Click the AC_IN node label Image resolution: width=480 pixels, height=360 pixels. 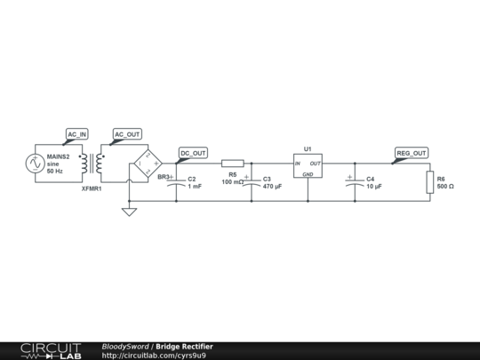coord(77,134)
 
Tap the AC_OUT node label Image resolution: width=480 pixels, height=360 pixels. coord(127,134)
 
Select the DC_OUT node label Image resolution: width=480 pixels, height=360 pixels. coord(193,153)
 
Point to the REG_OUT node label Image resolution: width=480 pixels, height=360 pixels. coord(412,153)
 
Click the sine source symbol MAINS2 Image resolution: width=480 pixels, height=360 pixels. coord(35,164)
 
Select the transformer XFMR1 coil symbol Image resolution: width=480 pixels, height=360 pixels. coord(92,164)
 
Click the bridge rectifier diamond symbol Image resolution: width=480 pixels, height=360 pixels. coord(147,164)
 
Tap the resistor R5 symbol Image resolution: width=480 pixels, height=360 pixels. coord(232,164)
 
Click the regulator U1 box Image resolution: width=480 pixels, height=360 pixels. coord(308,164)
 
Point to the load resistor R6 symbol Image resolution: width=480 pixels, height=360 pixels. coord(429,182)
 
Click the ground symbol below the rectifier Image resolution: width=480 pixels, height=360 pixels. coord(129,212)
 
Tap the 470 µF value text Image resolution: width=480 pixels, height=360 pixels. coord(272,188)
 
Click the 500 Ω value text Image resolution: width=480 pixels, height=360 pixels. coord(445,187)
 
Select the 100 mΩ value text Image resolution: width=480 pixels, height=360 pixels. coord(232,181)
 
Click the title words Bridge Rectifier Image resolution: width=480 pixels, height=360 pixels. coord(184,346)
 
